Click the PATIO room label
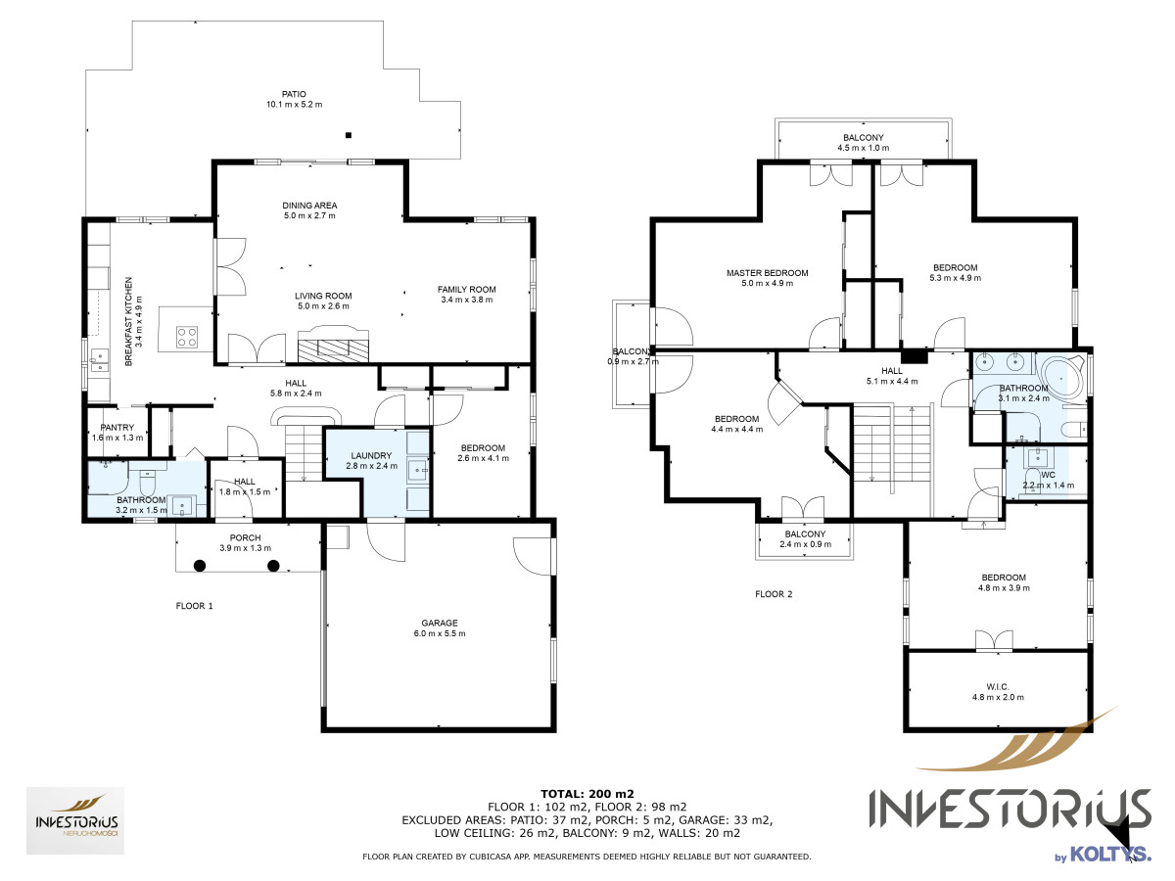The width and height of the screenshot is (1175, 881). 294,94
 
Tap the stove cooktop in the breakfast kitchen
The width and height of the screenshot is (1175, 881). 187,337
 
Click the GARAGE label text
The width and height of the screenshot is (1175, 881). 440,623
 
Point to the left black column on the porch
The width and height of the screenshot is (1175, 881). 200,566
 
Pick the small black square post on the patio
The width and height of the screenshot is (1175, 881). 349,135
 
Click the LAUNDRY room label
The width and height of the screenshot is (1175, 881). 371,455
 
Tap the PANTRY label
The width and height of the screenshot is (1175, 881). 117,428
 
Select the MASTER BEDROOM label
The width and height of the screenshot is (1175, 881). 767,273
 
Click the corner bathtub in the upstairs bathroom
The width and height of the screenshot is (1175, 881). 1060,381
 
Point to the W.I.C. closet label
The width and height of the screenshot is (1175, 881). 997,686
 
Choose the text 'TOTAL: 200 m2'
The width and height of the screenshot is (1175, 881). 587,794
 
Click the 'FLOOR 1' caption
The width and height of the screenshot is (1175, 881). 194,606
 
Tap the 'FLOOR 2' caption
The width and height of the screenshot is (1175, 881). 774,594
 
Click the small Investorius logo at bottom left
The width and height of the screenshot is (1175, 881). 75,820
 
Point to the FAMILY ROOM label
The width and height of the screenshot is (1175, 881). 466,290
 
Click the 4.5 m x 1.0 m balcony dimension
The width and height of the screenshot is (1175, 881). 863,148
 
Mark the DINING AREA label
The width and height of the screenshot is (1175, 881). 309,206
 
